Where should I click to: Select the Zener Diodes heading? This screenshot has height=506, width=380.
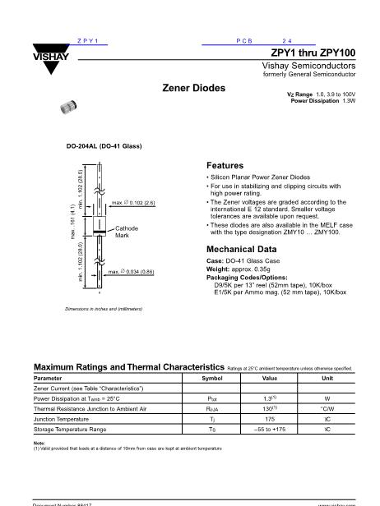point(194,87)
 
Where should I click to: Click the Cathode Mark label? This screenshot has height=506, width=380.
point(126,232)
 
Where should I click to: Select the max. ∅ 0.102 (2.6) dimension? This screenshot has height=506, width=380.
point(132,201)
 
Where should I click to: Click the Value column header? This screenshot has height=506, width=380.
point(269,378)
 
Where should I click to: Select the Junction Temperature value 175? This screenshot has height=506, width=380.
point(269,418)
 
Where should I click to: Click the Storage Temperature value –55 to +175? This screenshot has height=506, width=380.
point(269,429)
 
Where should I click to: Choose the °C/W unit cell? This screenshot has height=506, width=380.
point(327,408)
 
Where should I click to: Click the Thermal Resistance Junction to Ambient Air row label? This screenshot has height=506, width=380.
point(90,408)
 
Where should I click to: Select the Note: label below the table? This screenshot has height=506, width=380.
point(39,443)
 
